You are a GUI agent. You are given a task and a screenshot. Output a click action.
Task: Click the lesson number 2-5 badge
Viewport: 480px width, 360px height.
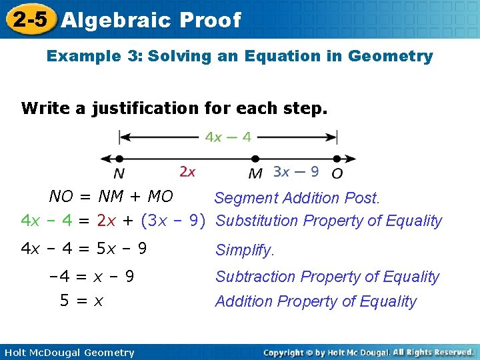(29, 19)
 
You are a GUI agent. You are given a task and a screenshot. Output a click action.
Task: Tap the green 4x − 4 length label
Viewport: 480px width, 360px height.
(228, 137)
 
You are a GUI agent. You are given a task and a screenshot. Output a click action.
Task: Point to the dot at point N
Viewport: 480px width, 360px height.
(119, 159)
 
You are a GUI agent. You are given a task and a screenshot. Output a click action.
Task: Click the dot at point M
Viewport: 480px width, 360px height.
(254, 159)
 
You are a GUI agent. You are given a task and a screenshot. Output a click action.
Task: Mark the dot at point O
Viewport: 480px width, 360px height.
(337, 159)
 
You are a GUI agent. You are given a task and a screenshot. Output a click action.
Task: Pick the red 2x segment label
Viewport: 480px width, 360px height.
(187, 172)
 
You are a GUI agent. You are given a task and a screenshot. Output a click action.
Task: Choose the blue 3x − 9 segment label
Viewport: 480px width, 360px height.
(296, 172)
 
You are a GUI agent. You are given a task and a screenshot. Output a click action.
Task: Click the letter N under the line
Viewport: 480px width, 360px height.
(119, 173)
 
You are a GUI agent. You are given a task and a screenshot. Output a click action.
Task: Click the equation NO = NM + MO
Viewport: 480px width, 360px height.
(111, 197)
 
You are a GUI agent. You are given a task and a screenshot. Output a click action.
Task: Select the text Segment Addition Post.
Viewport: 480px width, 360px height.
(297, 198)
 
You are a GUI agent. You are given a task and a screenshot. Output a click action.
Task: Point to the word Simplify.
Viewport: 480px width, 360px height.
(244, 251)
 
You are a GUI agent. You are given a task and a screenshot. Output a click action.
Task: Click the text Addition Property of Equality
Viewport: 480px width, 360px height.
(315, 301)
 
